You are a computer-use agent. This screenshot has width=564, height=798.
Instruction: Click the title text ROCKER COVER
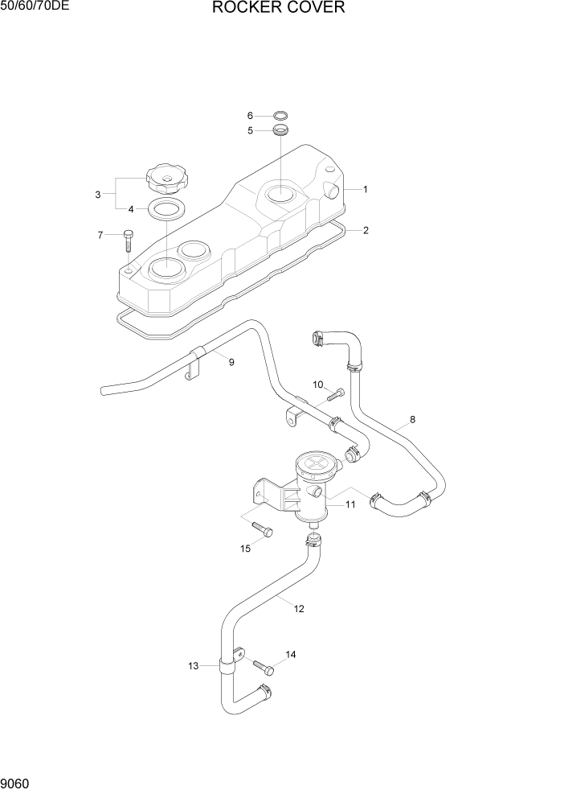279,9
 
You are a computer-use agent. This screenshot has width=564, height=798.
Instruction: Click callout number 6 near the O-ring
250,116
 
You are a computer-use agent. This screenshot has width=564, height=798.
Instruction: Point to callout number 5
250,130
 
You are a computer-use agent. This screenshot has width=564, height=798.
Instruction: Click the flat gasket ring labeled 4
168,210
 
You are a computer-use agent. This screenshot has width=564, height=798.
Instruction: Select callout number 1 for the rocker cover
365,190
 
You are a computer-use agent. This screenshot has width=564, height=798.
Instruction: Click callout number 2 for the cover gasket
366,231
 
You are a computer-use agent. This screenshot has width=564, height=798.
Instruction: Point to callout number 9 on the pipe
231,363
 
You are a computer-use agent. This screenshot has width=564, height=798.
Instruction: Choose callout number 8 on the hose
412,419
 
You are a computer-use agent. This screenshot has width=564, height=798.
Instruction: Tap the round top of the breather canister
313,465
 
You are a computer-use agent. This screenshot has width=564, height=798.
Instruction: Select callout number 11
350,504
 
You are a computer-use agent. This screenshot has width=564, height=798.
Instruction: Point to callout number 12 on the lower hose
299,609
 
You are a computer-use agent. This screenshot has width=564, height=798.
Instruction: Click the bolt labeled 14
263,667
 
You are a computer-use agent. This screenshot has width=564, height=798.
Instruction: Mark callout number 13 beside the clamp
193,666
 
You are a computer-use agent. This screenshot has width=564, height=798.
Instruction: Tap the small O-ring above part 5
280,115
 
